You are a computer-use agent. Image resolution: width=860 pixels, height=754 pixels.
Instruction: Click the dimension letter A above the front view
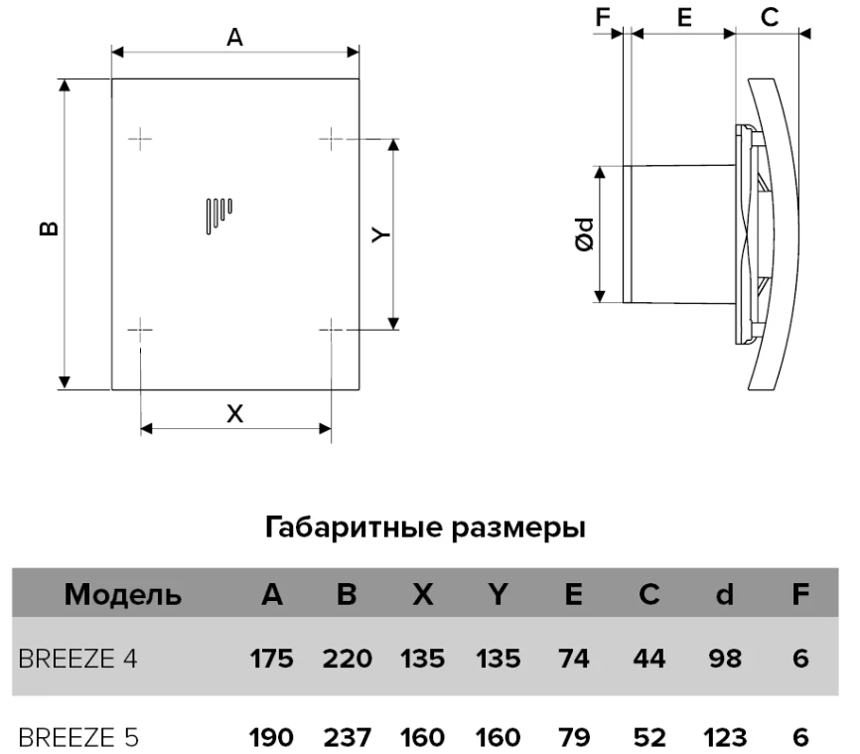(x=234, y=38)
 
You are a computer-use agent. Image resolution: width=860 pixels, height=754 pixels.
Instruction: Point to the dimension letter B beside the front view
(x=50, y=228)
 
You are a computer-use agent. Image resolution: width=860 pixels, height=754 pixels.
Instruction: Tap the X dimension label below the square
(x=234, y=413)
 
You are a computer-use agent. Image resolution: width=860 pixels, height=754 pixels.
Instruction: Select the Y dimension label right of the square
(x=380, y=234)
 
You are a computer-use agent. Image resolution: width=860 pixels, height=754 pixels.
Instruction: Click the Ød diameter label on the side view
(x=585, y=234)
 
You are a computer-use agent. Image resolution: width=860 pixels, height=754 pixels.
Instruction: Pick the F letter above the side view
(x=603, y=18)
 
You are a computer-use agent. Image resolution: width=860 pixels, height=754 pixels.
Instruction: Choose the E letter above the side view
(x=684, y=18)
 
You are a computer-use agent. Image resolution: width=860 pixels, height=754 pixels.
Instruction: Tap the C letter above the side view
(x=770, y=18)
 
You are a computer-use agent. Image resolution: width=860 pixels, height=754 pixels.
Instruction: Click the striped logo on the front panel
(x=218, y=217)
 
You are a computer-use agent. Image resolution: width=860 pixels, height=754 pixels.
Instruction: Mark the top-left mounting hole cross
(x=140, y=139)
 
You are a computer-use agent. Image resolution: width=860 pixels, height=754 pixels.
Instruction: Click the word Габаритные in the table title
(x=354, y=528)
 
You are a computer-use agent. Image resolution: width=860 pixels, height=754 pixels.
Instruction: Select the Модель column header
(x=123, y=594)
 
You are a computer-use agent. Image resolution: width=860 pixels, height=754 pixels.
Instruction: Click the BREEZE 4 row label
(x=77, y=658)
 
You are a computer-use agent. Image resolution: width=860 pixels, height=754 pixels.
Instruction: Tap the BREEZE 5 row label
(x=78, y=737)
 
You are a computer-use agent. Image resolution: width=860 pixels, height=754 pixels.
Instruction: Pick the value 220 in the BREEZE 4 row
(x=348, y=659)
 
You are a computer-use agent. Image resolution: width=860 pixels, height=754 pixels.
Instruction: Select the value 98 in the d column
(x=725, y=659)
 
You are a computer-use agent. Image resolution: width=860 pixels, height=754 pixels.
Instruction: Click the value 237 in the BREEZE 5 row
(x=348, y=737)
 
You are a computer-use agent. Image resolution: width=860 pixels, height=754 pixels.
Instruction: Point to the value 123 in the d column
(x=725, y=737)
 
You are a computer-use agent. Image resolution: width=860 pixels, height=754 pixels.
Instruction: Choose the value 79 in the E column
(x=574, y=737)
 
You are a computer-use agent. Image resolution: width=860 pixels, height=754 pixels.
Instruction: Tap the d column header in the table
(x=725, y=594)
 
